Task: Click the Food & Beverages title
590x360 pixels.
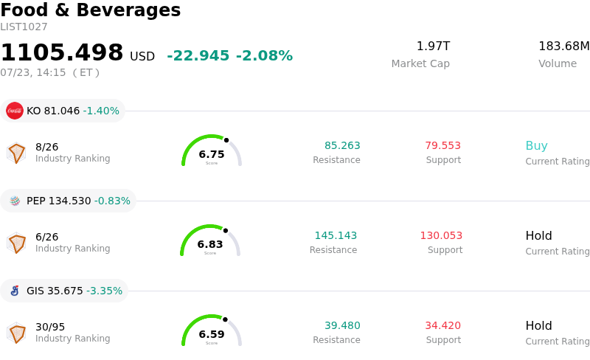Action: (x=90, y=10)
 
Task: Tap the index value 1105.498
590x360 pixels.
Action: (x=62, y=52)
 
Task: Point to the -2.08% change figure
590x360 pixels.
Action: (x=264, y=56)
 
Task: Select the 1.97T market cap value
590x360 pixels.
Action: (x=433, y=46)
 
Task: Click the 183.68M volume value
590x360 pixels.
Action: (x=564, y=46)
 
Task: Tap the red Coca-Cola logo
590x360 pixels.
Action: (x=15, y=111)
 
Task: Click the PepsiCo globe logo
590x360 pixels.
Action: (x=15, y=201)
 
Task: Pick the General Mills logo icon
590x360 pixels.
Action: (x=15, y=291)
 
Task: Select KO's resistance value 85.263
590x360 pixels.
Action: (x=342, y=145)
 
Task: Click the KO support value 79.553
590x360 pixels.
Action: (x=443, y=145)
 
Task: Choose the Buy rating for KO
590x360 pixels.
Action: (x=537, y=145)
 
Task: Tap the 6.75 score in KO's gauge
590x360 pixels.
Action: (x=212, y=154)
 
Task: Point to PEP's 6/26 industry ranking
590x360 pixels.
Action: (x=46, y=237)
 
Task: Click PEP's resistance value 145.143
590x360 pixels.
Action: (x=336, y=235)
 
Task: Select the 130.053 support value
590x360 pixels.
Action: (x=441, y=235)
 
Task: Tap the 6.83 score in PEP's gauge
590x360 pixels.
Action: (x=210, y=244)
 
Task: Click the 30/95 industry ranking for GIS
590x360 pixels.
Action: (x=50, y=327)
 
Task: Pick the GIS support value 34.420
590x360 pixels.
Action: (x=443, y=325)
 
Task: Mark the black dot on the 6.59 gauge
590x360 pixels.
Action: (x=225, y=319)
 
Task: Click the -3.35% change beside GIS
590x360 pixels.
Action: (x=104, y=291)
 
